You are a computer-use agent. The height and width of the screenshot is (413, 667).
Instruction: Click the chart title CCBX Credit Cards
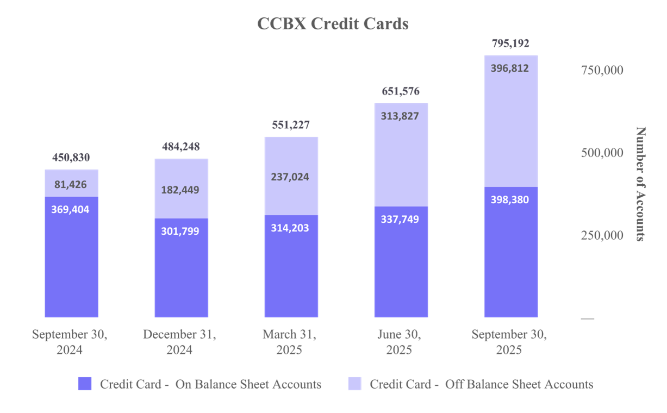coord(333,24)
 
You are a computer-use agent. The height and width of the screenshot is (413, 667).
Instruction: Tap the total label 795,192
coord(510,43)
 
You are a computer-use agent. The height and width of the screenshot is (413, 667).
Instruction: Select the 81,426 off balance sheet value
coord(71,185)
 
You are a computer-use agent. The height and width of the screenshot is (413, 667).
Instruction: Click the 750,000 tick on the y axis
coord(602,70)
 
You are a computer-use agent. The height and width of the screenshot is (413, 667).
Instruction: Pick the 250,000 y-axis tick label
coord(602,236)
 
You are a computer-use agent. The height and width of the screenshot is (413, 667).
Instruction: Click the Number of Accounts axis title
coord(641,184)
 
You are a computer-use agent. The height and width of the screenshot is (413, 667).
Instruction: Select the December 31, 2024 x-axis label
coord(179,342)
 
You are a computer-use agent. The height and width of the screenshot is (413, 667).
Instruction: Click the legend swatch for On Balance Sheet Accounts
coord(85,384)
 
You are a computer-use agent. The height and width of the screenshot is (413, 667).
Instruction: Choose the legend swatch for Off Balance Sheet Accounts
coord(354,384)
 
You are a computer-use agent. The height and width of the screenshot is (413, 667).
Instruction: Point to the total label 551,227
coord(291,125)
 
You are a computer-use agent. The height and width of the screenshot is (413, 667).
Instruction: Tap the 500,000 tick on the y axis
coord(602,153)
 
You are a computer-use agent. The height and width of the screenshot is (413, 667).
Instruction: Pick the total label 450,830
coord(71,158)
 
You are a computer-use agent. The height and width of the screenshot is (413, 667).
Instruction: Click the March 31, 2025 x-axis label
coord(289,342)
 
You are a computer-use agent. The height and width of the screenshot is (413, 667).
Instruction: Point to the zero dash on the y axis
coord(588,318)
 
